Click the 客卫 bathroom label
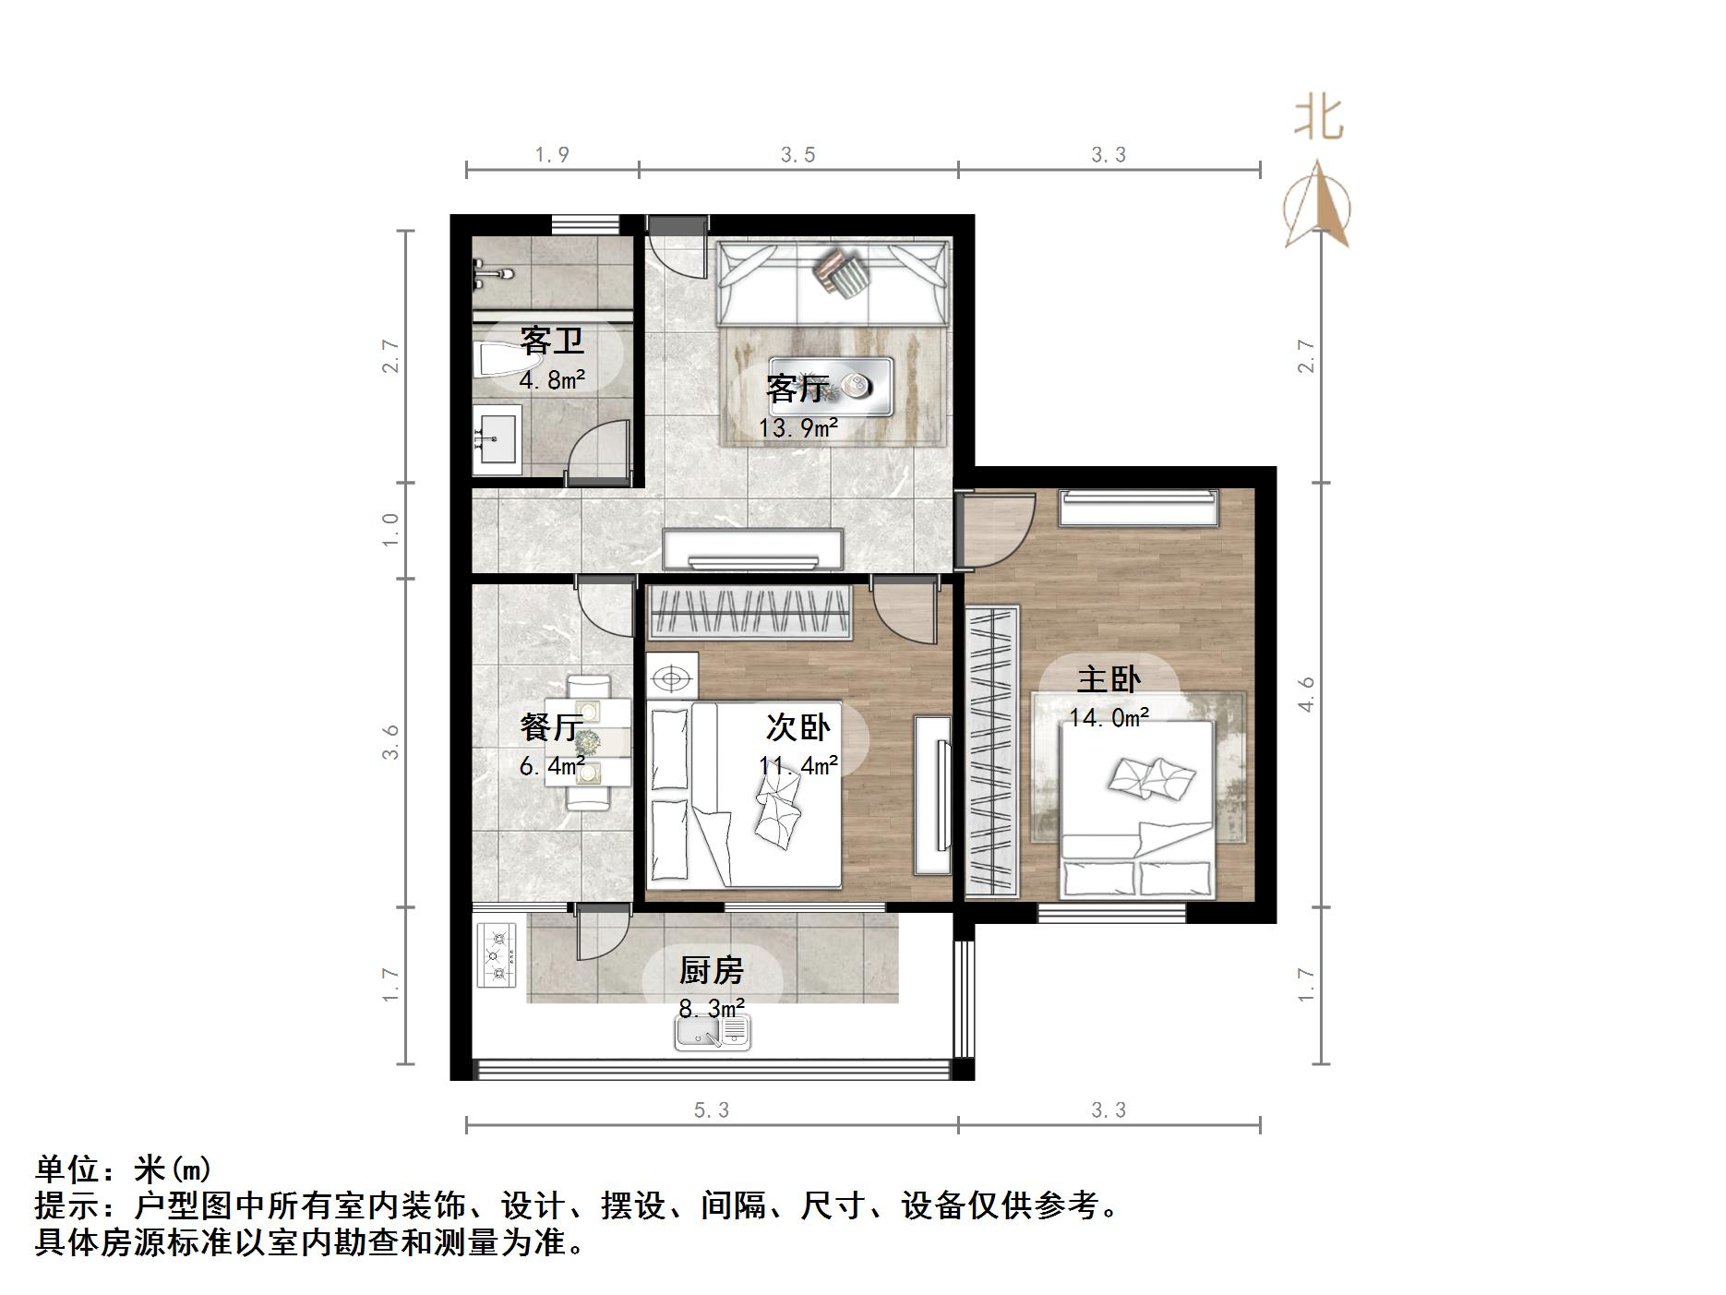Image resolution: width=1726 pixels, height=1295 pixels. coord(552,341)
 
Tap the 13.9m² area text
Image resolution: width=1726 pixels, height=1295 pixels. coord(798,428)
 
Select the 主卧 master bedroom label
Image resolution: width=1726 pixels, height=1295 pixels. coord(1109,680)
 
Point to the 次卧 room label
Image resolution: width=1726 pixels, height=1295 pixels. coord(798,727)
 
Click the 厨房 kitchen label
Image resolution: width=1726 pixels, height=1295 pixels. coord(711,971)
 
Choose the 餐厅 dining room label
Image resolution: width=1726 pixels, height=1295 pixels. coord(551,727)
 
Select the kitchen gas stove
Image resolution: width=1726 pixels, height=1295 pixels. coord(497,955)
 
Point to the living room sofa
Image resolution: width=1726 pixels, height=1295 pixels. coord(833,282)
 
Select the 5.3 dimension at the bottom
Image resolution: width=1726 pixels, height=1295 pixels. coord(711,1109)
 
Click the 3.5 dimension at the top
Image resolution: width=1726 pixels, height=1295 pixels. coord(797,155)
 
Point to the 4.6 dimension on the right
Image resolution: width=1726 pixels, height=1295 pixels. coord(1305,694)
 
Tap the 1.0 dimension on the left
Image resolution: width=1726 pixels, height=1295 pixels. coord(390,530)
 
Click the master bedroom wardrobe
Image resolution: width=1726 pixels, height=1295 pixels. coord(992,751)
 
